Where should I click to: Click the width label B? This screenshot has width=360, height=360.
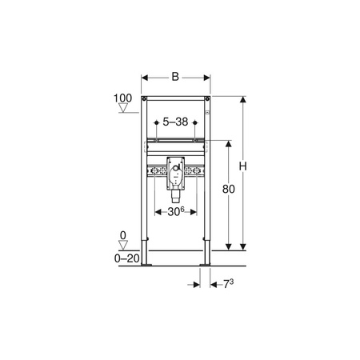(175, 77)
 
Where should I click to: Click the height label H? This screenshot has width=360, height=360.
(242, 166)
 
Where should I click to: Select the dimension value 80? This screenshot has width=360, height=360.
(229, 189)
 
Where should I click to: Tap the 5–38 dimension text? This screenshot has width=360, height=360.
(175, 122)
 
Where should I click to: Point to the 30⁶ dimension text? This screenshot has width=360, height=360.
(176, 212)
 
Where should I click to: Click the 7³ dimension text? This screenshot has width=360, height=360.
(228, 284)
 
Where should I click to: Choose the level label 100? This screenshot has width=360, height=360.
(122, 98)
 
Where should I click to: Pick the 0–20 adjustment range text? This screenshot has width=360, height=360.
(127, 258)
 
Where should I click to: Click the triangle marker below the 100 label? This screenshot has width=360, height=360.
(123, 108)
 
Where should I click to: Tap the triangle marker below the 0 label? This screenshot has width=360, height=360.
(123, 245)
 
